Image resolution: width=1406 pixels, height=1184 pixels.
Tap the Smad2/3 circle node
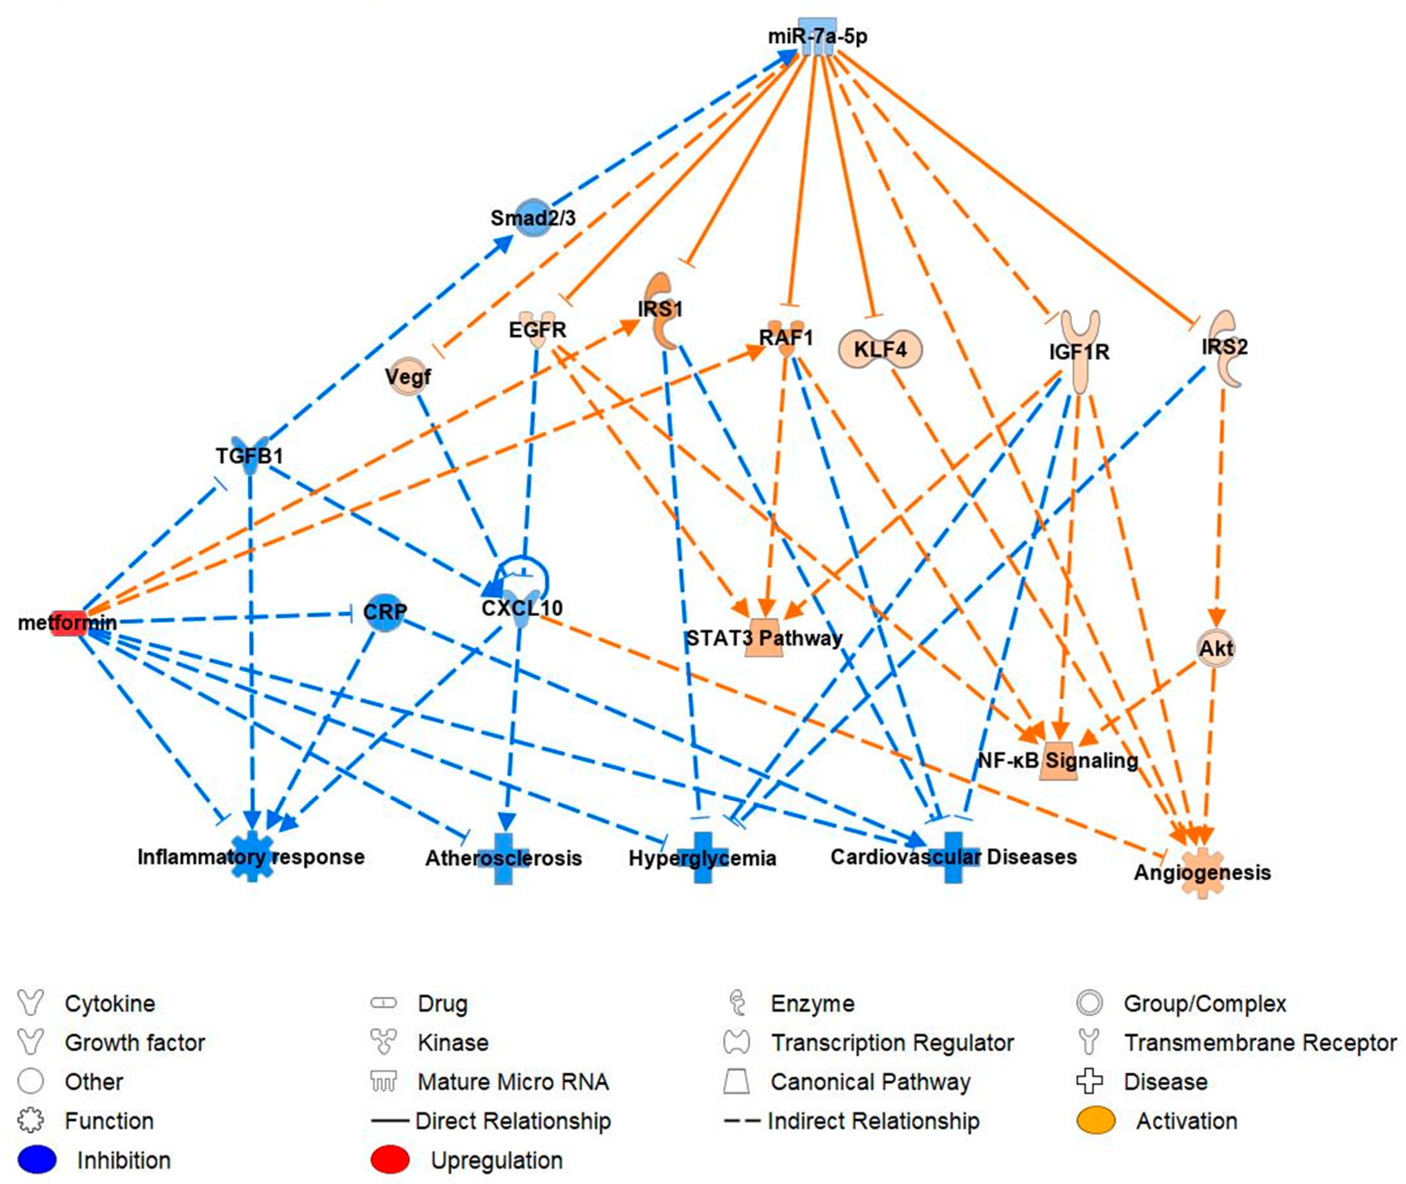(533, 218)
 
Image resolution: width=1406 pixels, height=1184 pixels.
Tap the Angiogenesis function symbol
(1202, 872)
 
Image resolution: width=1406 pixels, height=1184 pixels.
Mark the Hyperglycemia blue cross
(702, 857)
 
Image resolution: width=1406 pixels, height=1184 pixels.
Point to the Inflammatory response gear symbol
(252, 856)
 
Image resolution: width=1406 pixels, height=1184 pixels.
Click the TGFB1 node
(250, 456)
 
